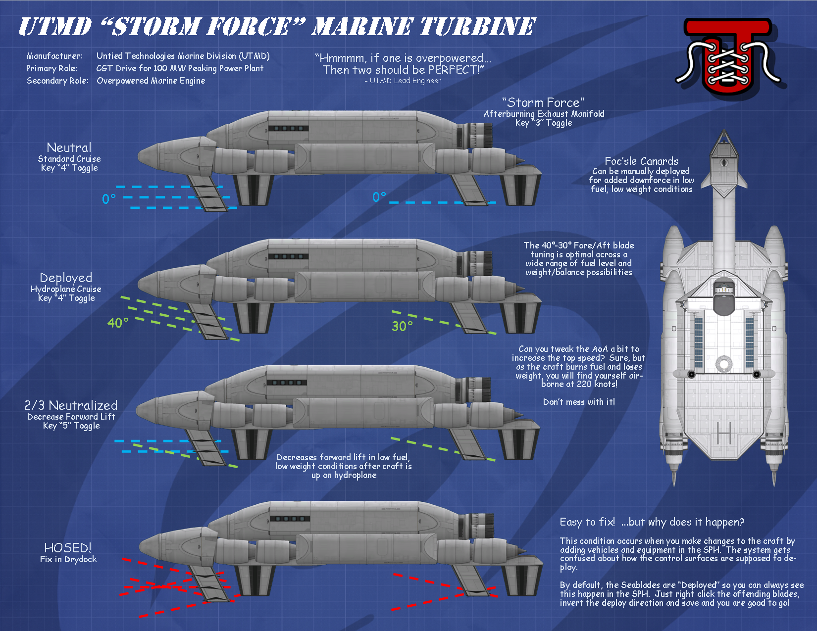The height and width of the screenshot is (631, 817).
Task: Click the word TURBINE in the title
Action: [x=477, y=27]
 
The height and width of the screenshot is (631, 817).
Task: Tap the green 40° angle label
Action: [x=118, y=323]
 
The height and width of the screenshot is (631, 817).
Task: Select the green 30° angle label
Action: [x=402, y=326]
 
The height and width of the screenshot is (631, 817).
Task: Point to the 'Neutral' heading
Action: [x=69, y=147]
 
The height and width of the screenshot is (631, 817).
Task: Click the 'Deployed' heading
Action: [x=66, y=278]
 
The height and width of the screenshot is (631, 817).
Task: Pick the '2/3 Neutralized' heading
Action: [x=71, y=405]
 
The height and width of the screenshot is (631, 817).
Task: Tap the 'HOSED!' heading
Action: [x=68, y=548]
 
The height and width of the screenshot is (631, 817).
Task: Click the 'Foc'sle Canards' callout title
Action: [x=642, y=161]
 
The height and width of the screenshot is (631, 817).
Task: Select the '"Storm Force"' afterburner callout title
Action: [x=543, y=102]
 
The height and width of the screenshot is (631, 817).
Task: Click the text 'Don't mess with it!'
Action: [x=579, y=402]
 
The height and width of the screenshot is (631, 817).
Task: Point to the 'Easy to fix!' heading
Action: [x=587, y=522]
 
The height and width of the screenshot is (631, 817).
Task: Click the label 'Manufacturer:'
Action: [x=54, y=56]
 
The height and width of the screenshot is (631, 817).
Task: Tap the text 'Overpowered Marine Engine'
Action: [x=151, y=81]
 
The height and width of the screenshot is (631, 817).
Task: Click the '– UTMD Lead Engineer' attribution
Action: [x=403, y=81]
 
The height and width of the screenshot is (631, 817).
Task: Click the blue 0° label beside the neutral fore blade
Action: [x=109, y=199]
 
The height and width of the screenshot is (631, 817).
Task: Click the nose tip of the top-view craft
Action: [x=724, y=131]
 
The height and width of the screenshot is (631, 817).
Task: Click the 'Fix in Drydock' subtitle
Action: [x=68, y=559]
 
